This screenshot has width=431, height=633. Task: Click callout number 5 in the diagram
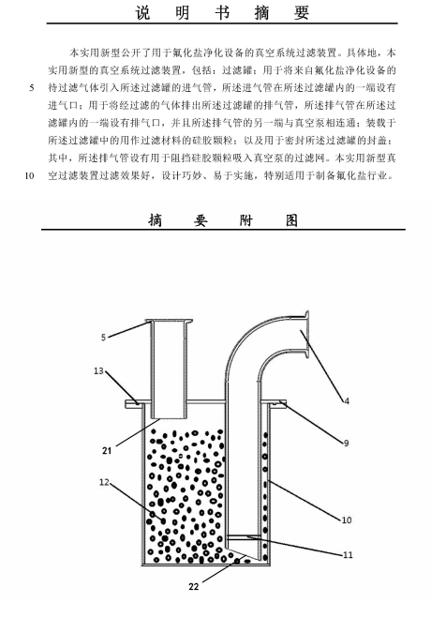(103, 337)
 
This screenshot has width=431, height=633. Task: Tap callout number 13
(98, 370)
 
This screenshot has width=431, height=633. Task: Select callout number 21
(107, 450)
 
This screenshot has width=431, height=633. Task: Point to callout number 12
(104, 482)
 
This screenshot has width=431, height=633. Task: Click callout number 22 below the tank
(194, 586)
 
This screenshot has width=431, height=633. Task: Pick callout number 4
(347, 400)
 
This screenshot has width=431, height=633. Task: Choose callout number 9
(346, 444)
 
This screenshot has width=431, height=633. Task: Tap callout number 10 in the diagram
(347, 520)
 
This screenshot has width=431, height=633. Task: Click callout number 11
(348, 554)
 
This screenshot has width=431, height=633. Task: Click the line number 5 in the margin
(32, 87)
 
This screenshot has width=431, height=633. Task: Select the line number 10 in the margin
(29, 175)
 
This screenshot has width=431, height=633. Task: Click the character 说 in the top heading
(142, 12)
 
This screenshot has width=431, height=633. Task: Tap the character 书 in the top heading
(222, 12)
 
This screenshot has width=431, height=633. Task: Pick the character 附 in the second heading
(245, 220)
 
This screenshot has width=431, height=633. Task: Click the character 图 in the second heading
(291, 220)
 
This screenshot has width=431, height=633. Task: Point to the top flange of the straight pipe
(170, 322)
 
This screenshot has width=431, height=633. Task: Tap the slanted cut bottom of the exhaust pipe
(243, 554)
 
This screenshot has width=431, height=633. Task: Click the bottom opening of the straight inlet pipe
(169, 418)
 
